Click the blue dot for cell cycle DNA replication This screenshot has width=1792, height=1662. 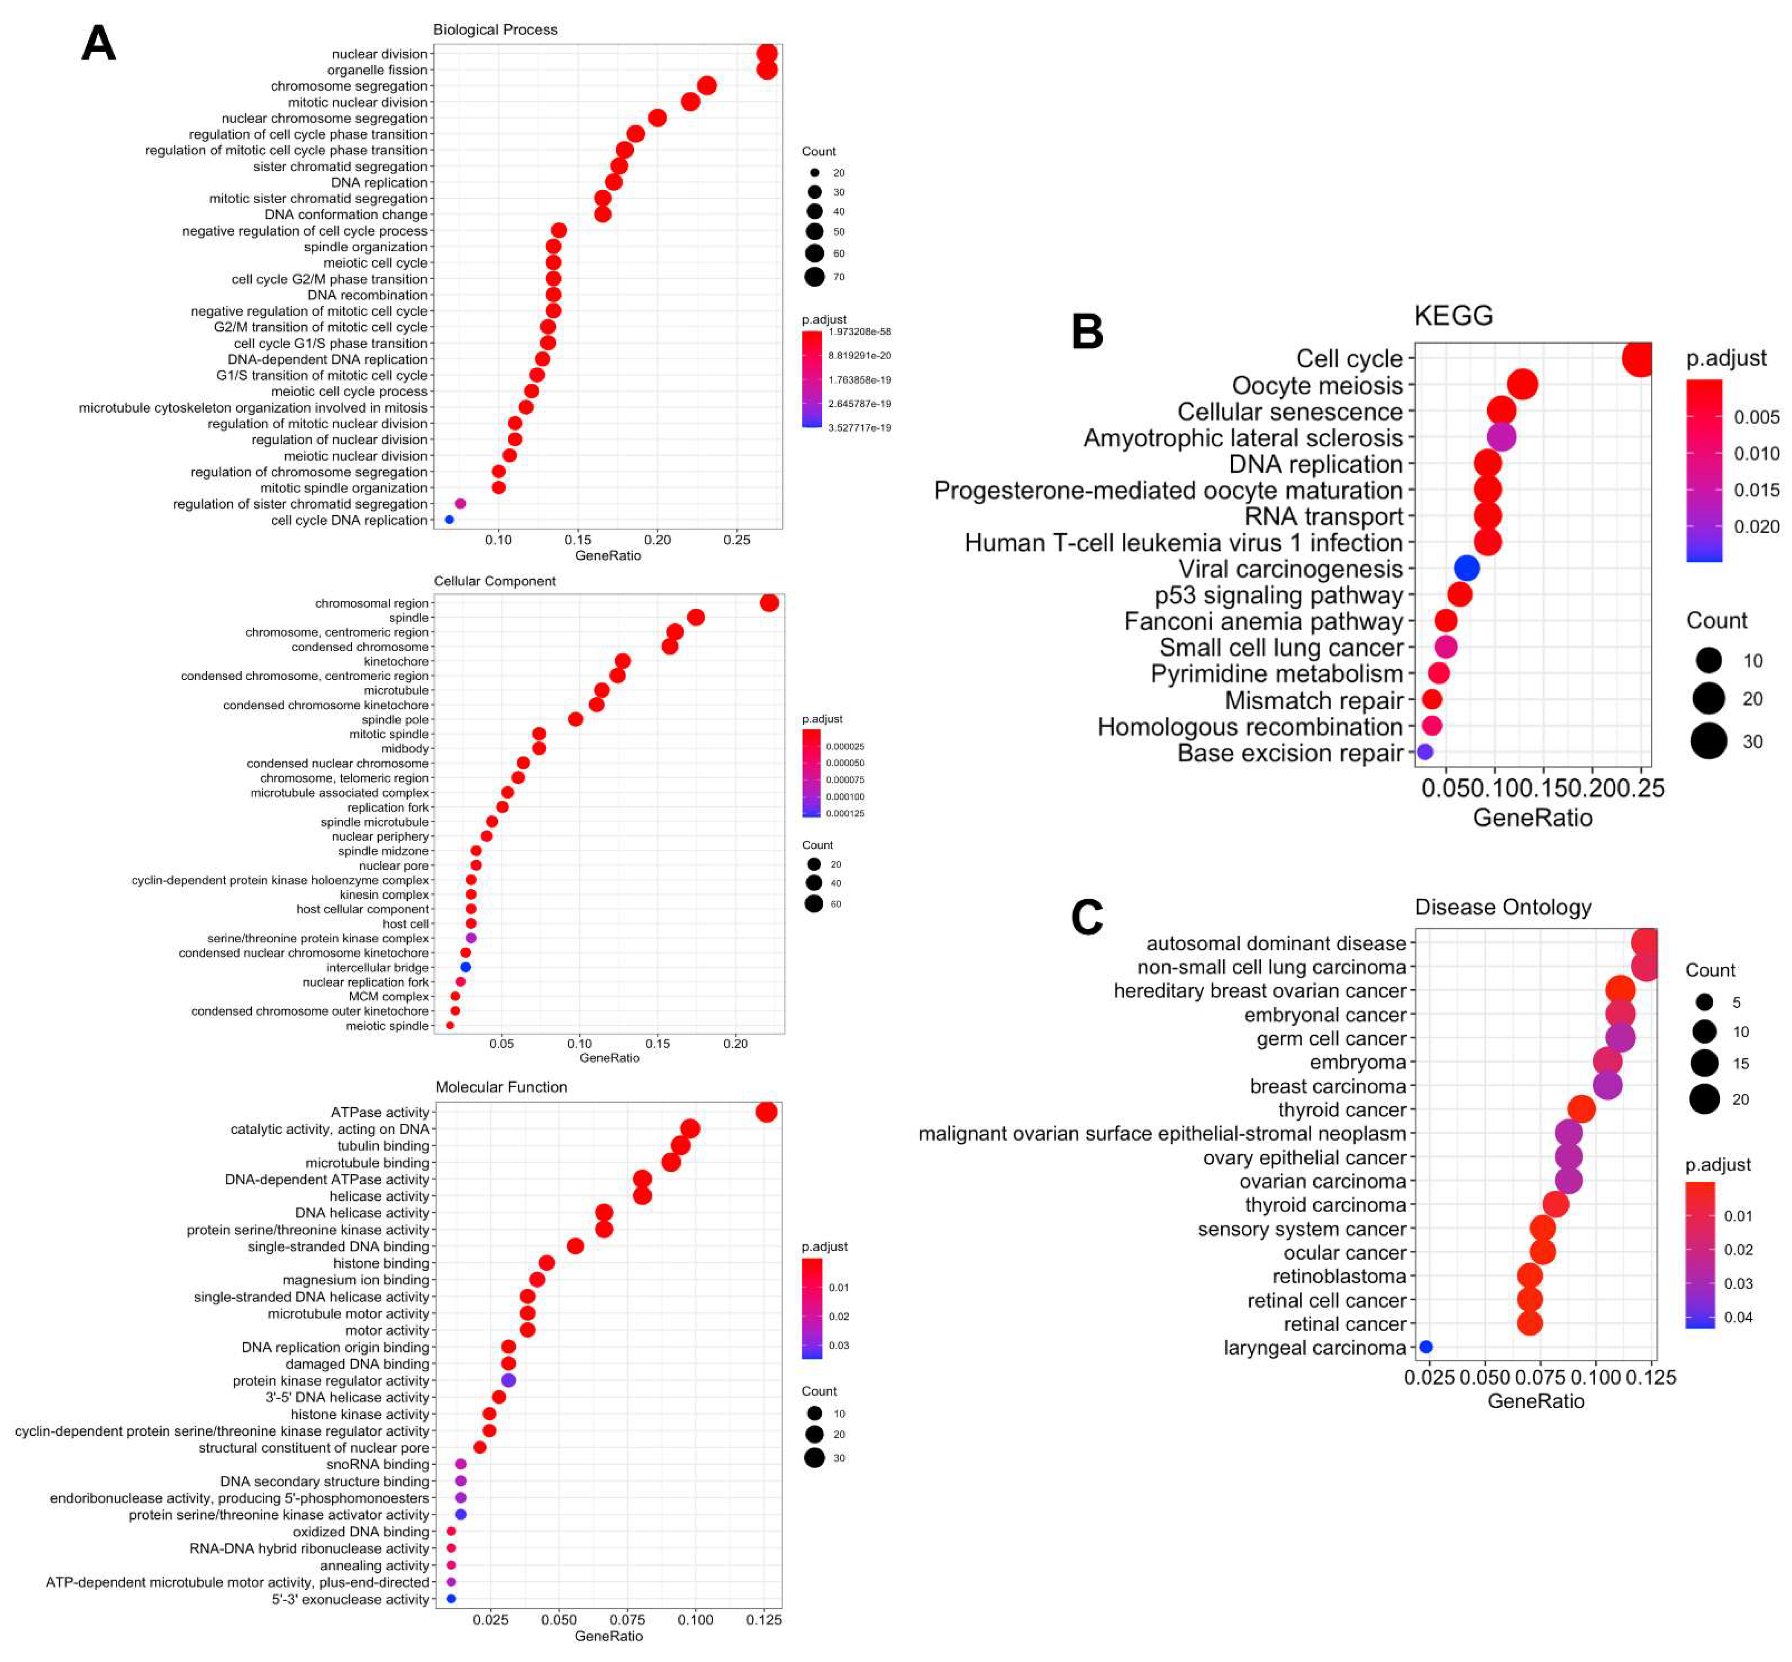[449, 520]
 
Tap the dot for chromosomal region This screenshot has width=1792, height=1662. [769, 603]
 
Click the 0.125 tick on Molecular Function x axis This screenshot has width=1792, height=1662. [764, 1620]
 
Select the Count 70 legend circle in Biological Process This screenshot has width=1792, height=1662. [815, 277]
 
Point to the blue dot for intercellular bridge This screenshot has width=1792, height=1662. [466, 967]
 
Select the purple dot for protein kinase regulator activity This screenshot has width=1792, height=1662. [508, 1379]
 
